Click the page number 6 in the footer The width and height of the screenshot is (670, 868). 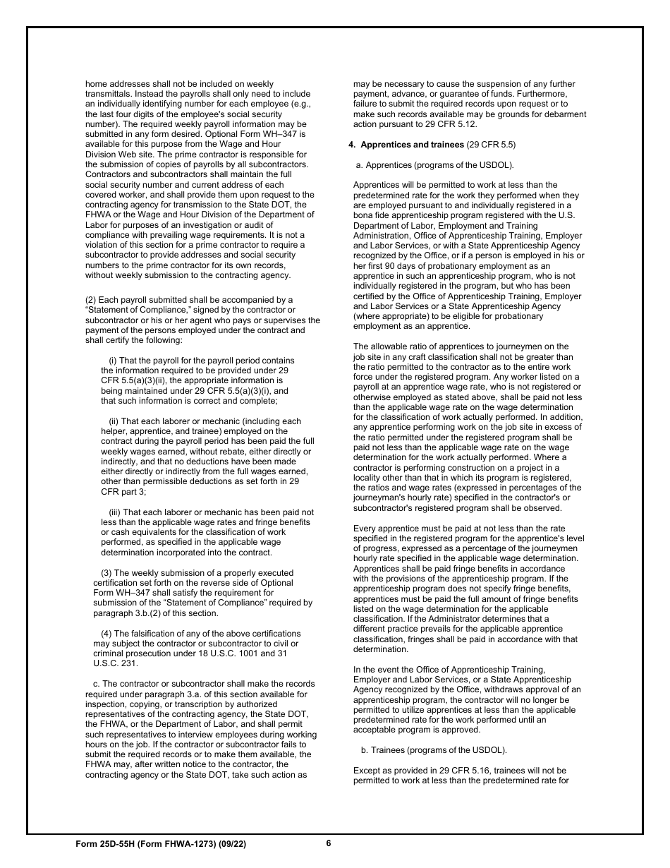click(x=329, y=843)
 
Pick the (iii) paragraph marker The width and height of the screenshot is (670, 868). click(x=115, y=512)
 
